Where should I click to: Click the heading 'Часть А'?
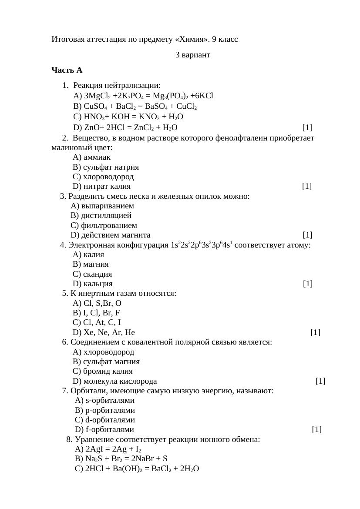pyautogui.click(x=67, y=70)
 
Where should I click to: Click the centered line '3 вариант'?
pyautogui.click(x=192, y=55)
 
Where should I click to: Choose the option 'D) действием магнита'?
pyautogui.click(x=110, y=235)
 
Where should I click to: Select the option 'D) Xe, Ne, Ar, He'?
pyautogui.click(x=104, y=332)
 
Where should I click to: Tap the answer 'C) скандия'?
pyautogui.click(x=92, y=274)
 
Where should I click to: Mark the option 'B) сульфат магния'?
pyautogui.click(x=106, y=362)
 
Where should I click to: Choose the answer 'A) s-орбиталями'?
pyautogui.click(x=104, y=400)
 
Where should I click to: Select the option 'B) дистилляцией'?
pyautogui.click(x=101, y=215)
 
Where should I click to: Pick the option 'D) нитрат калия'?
pyautogui.click(x=101, y=186)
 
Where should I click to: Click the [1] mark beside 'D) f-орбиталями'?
pyautogui.click(x=317, y=429)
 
